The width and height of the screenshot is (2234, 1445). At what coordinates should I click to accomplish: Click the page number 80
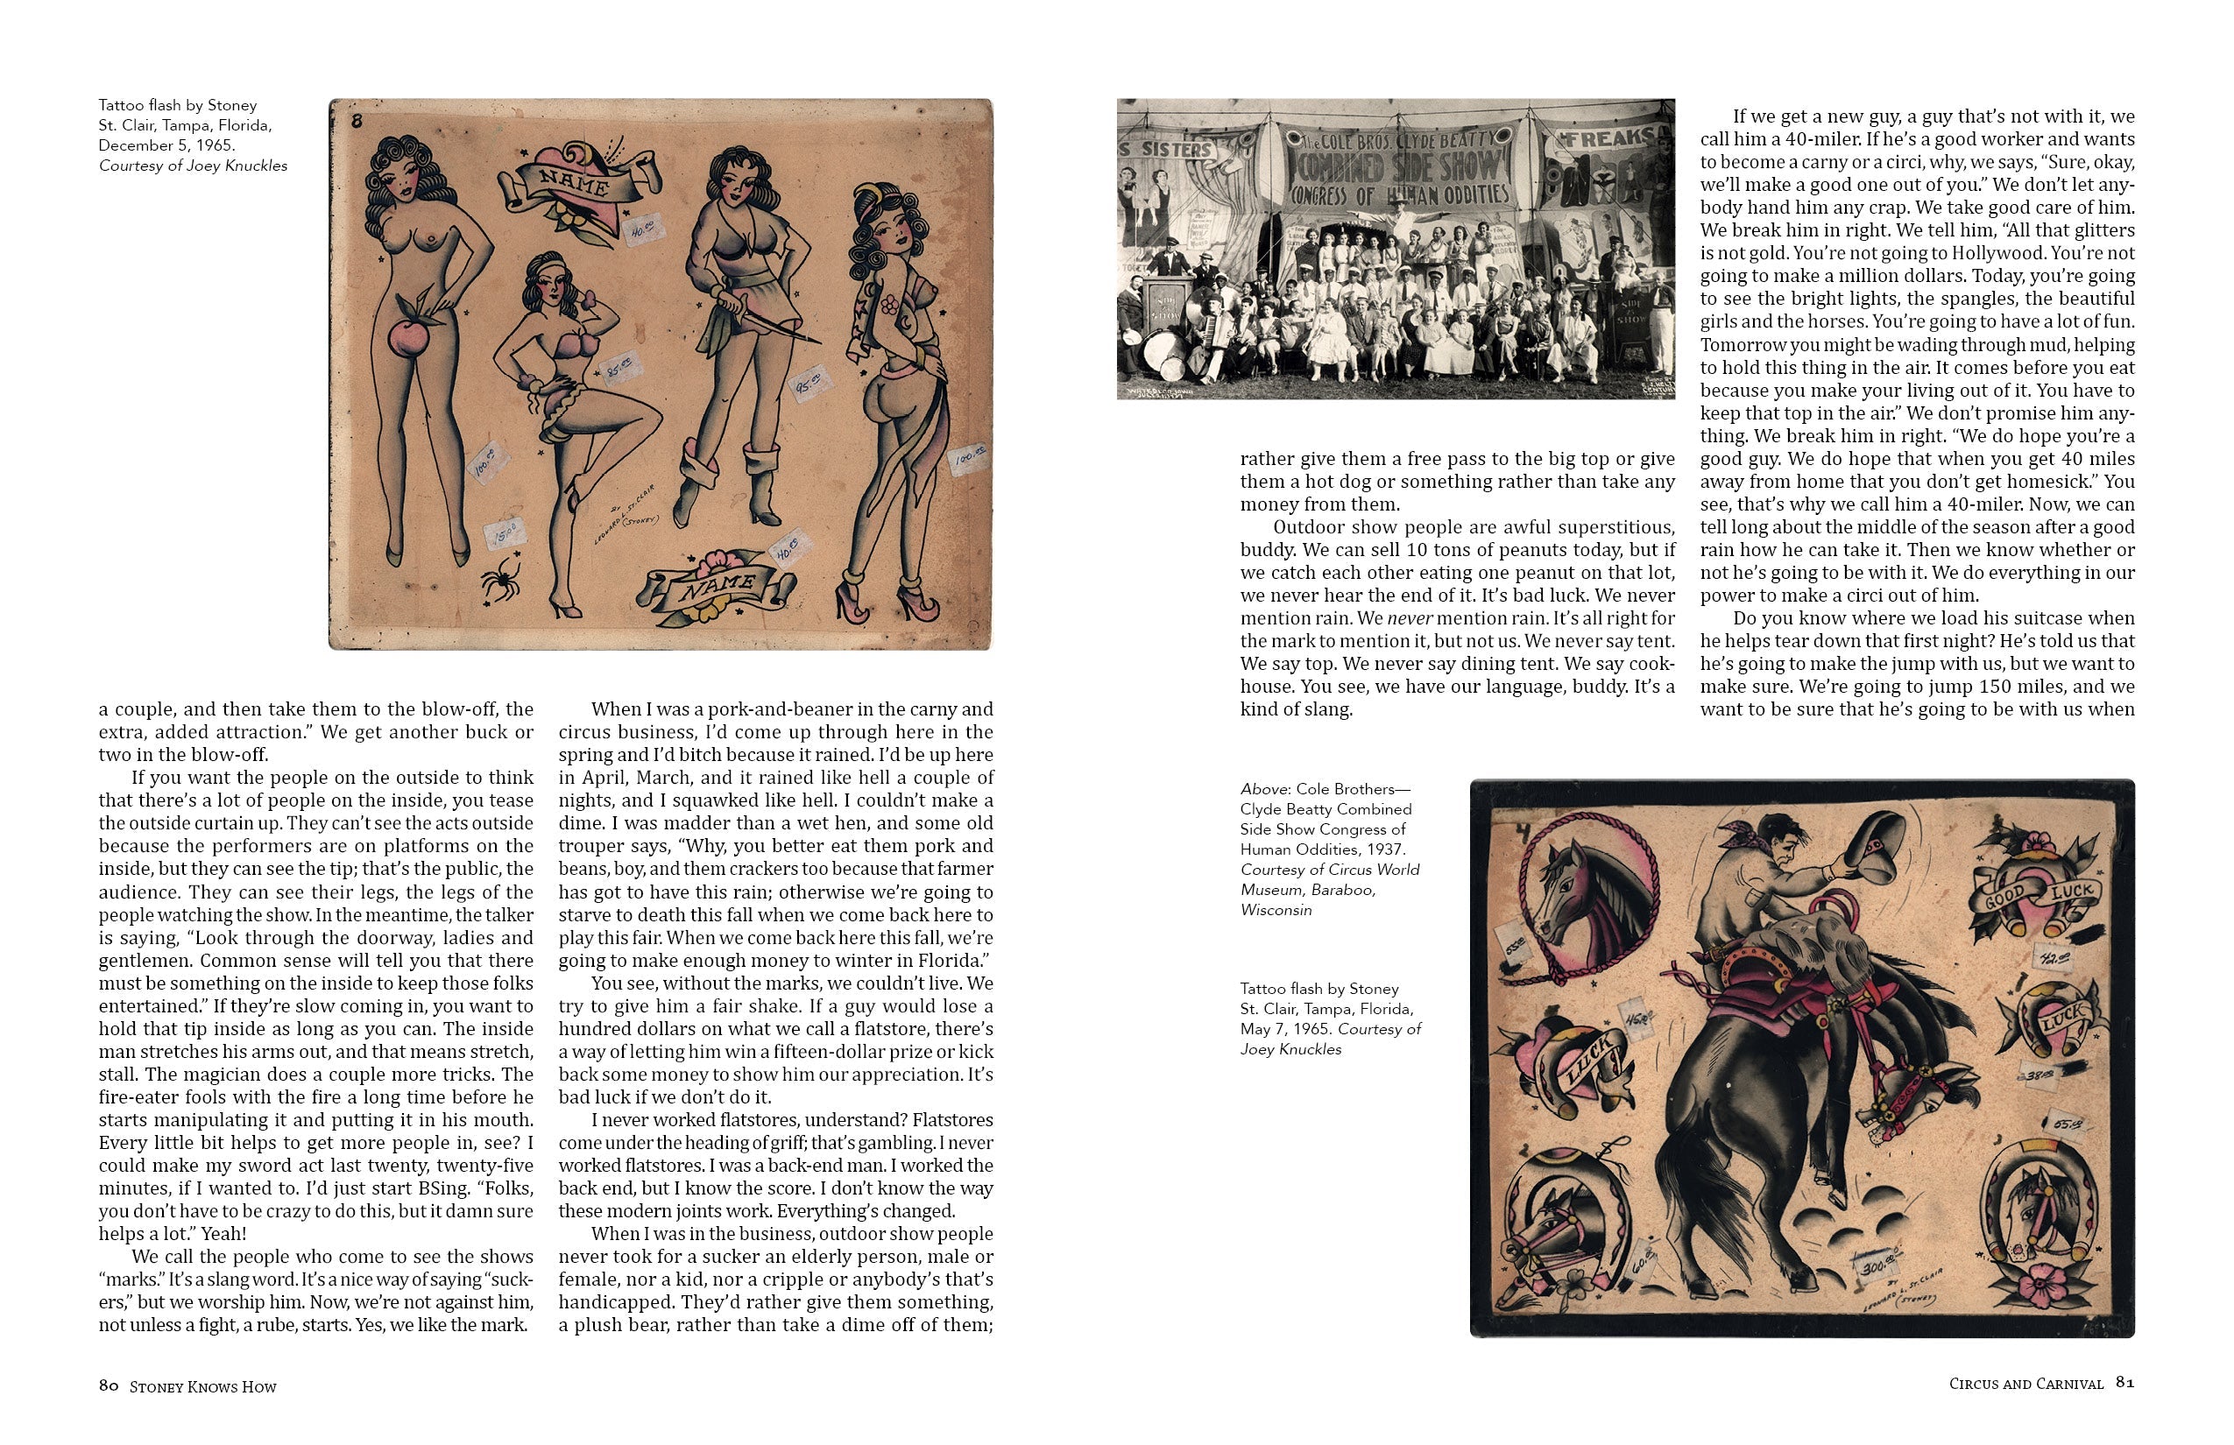pos(108,1385)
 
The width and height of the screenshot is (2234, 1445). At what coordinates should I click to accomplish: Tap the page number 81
pos(2124,1382)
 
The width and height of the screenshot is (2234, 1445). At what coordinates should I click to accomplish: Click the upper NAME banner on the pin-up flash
pos(576,183)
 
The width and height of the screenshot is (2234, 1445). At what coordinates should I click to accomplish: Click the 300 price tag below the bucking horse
pos(1880,1269)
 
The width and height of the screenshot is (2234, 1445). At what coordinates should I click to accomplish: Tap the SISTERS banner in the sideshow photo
pos(1167,150)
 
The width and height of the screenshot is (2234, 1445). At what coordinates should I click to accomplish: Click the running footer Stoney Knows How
pos(202,1387)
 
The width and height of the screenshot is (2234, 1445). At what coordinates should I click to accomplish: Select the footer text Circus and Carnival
pos(2025,1384)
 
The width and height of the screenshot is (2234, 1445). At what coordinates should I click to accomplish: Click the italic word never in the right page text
pos(1409,618)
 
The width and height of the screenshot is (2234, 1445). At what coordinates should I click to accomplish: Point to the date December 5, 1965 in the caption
pos(166,145)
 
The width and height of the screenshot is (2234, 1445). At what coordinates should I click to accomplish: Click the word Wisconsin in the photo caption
pos(1276,909)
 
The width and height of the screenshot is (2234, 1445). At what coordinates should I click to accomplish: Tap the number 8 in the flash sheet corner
pos(357,120)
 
